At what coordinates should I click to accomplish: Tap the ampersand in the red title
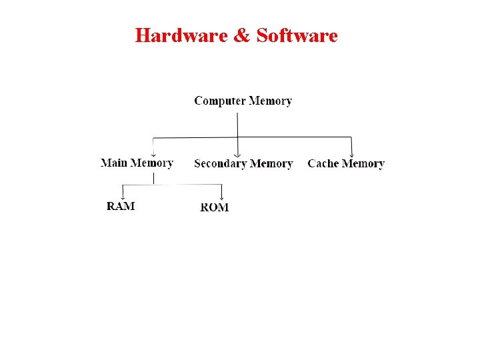point(241,35)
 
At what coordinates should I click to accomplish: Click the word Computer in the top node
point(219,101)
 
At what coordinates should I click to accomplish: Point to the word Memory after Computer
point(270,101)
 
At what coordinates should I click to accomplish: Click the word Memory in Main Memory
point(152,163)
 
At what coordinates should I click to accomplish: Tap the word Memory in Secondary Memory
point(271,163)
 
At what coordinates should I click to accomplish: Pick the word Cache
point(323,163)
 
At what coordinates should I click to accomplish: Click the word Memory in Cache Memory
point(363,163)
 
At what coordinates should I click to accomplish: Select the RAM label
point(121,206)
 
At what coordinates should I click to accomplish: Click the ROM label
point(215,207)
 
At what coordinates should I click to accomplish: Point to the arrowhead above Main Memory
point(154,155)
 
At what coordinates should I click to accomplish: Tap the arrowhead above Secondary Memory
point(237,154)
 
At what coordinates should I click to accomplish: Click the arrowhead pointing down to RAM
point(122,197)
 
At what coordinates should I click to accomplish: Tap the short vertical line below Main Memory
point(154,177)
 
